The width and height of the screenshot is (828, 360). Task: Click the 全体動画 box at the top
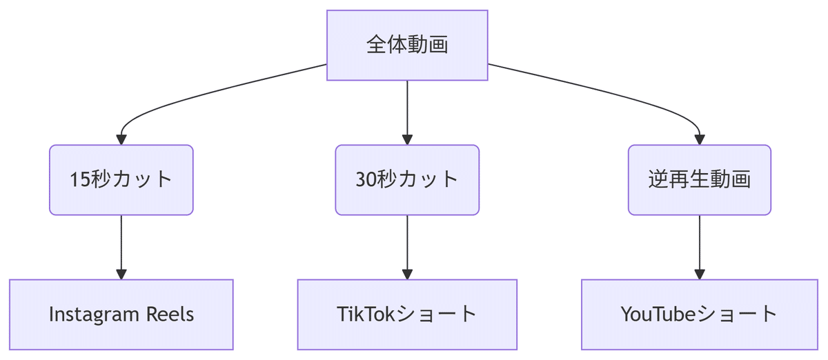tap(407, 45)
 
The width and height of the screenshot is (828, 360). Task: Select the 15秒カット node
tap(121, 179)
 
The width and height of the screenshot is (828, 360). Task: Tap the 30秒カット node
tap(407, 179)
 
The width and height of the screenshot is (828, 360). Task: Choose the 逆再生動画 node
tap(699, 179)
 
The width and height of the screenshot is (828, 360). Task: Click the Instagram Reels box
tap(121, 314)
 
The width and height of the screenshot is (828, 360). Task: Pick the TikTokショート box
tap(407, 314)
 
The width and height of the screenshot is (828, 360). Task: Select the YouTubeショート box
tap(699, 314)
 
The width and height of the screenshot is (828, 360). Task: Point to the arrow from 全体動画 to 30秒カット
tap(407, 110)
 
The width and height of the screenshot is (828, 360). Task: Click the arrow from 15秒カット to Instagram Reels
tap(121, 245)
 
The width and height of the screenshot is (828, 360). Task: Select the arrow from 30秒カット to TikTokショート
tap(407, 245)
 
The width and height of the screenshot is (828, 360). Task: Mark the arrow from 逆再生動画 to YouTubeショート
tap(699, 245)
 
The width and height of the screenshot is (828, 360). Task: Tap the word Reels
tap(170, 314)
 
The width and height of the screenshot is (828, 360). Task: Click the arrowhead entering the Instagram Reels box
tap(121, 274)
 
